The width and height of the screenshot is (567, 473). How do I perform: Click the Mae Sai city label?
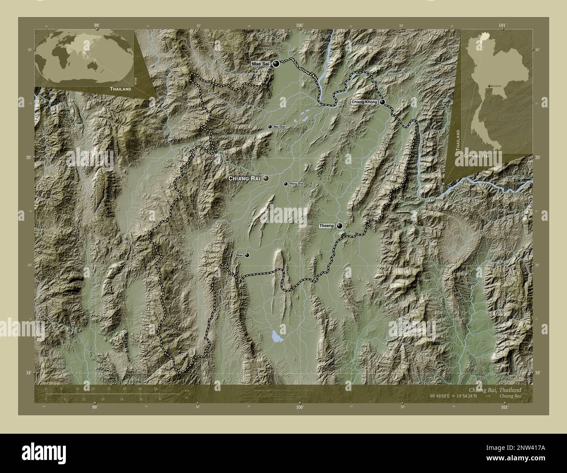coord(260,64)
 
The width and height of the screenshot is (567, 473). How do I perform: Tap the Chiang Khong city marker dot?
coord(382,102)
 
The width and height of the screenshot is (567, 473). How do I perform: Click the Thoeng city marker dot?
coord(339,226)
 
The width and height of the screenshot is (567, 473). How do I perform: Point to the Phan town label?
coord(239,255)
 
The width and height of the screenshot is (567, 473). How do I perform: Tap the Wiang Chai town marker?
coord(286,184)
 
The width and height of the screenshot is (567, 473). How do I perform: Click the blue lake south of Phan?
coord(276,336)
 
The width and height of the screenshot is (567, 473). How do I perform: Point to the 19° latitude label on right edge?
coord(537,373)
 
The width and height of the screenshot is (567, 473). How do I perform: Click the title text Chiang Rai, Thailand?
coord(494,390)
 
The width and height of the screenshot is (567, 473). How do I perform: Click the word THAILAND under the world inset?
coord(120,89)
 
